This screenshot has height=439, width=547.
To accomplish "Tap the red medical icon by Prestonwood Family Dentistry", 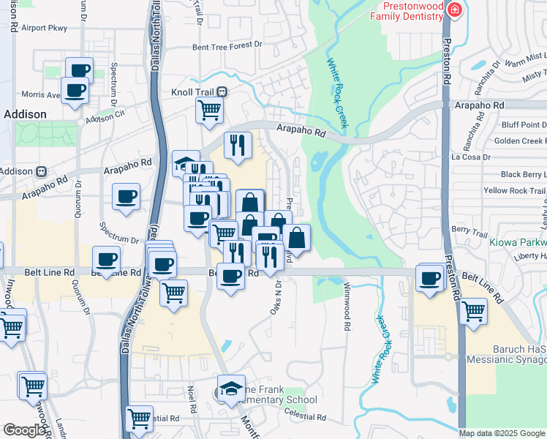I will (455, 10).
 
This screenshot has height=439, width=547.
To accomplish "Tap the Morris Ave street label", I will (40, 94).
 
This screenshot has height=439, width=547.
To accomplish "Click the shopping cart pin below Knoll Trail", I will (209, 110).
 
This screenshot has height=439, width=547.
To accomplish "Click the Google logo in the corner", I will (24, 430).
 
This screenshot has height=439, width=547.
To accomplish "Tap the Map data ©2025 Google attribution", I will (502, 433).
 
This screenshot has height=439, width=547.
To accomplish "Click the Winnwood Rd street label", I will (347, 300).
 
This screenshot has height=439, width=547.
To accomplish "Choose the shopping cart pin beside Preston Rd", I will (474, 311).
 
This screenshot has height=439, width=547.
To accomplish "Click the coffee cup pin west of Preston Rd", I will (429, 277).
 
